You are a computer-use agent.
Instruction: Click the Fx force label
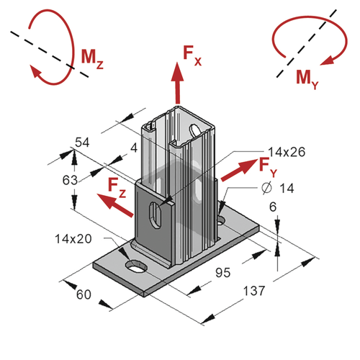click(x=192, y=55)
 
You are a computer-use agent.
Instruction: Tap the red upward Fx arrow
click(x=178, y=83)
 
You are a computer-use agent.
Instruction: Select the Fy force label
click(x=268, y=168)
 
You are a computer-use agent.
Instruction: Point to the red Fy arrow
click(x=238, y=170)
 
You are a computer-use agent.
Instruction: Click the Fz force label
click(x=117, y=188)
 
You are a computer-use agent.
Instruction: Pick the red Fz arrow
click(x=115, y=205)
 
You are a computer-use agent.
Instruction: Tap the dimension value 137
click(x=254, y=291)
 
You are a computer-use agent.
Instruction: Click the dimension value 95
click(x=223, y=273)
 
